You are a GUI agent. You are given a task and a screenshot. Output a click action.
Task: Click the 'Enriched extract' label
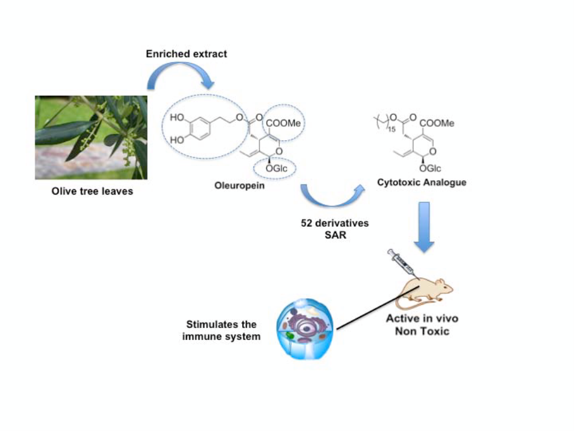pos(187,54)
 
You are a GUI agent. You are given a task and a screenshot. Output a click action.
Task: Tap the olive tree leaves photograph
pos(91,138)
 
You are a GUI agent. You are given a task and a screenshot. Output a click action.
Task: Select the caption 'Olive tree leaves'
pos(92,191)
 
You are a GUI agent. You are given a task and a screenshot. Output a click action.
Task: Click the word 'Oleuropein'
pos(239,186)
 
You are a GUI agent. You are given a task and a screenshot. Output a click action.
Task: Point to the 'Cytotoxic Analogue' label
pos(422,182)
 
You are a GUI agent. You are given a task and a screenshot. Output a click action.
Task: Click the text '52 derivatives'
pos(335,223)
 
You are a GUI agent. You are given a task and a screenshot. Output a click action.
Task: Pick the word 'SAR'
pos(335,235)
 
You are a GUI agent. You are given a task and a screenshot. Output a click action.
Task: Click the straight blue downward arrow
pos(425,227)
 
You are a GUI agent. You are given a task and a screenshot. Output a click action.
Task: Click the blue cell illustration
pos(305,329)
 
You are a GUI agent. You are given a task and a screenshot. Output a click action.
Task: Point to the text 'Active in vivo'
pos(422,318)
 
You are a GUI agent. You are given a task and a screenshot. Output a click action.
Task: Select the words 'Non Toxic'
pos(422,331)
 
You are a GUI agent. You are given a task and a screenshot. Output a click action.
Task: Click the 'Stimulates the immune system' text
pos(221,330)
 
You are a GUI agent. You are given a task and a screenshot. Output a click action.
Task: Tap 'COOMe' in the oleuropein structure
pos(283,123)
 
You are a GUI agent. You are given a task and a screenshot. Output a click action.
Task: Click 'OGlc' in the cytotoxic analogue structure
pos(430,168)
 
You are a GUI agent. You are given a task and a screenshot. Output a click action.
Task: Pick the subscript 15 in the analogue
pos(392,129)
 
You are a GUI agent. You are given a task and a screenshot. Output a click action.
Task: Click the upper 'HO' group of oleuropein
pos(177,117)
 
